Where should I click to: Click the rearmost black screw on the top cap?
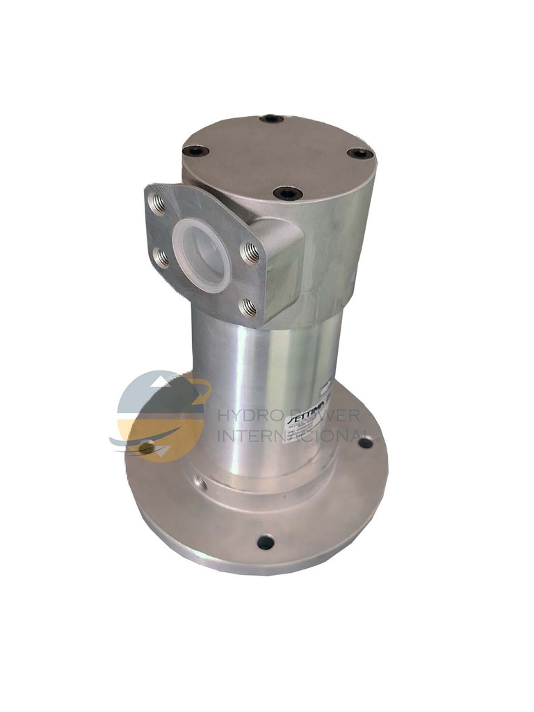(x=271, y=119)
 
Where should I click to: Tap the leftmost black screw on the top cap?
(x=195, y=150)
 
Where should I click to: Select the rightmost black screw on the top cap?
(x=359, y=153)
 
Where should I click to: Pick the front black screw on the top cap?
(x=287, y=193)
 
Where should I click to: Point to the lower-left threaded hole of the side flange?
(x=161, y=258)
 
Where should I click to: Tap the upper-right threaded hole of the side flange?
(x=250, y=253)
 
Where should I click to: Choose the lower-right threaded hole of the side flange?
(x=248, y=305)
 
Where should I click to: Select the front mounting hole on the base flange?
(x=266, y=542)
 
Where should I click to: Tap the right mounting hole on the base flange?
(x=364, y=442)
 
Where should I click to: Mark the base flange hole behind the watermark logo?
(x=147, y=448)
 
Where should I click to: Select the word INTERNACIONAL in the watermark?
(x=292, y=436)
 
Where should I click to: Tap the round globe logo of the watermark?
(x=161, y=416)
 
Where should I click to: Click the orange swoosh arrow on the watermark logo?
(x=198, y=393)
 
